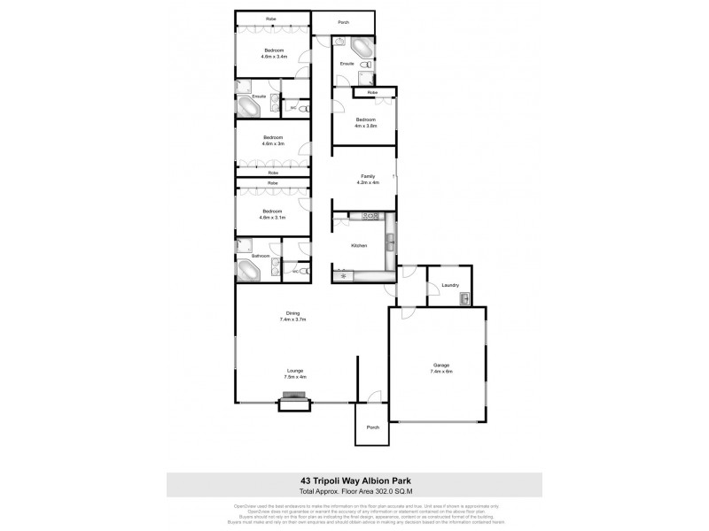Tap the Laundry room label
(449, 285)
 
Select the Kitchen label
(359, 245)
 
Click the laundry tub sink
(464, 301)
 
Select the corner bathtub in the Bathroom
(248, 269)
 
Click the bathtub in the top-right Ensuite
(362, 47)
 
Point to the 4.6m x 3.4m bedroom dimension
(272, 57)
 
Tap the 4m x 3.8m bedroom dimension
(367, 125)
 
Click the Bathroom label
(261, 256)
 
